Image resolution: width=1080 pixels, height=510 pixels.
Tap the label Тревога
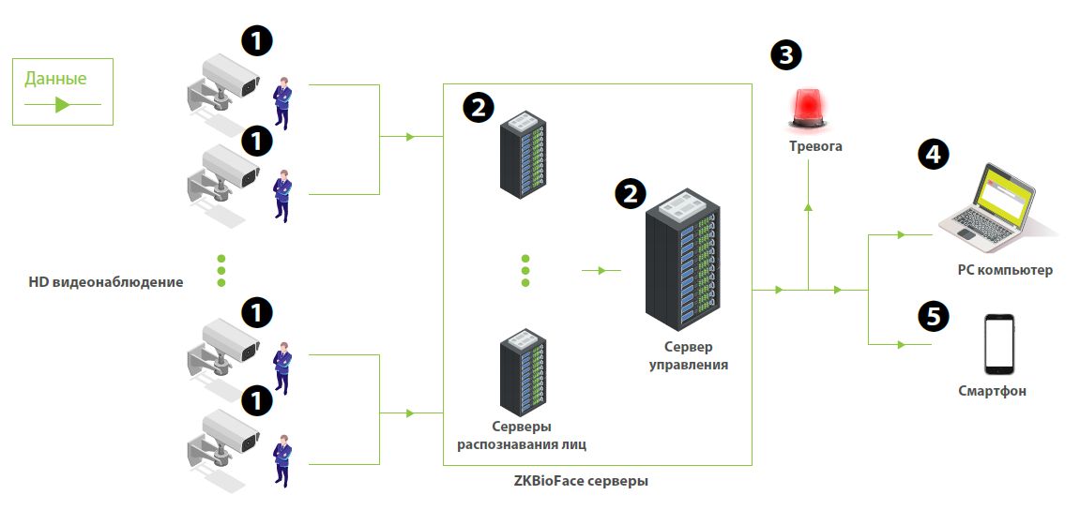coord(814,146)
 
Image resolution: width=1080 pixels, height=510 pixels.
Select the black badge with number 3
coord(786,54)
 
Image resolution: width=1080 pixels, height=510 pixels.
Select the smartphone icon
coord(998,345)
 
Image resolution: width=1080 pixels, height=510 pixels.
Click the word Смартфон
coord(992,391)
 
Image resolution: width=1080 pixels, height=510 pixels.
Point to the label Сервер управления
coord(689,355)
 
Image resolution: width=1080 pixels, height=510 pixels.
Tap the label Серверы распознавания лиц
coord(522,435)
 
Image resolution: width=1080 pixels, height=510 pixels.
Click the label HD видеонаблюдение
coord(106,281)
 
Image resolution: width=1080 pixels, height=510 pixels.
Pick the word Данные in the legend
coord(55,79)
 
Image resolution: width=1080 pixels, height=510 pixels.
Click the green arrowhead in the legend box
coord(62,105)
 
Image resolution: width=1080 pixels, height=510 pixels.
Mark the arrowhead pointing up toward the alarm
coord(808,205)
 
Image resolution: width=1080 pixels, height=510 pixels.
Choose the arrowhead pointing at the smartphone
coord(900,344)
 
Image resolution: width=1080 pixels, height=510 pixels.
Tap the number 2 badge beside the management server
coord(630,194)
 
